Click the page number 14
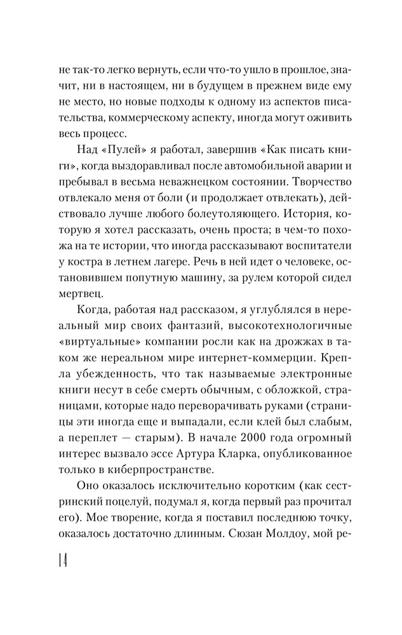point(64,561)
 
